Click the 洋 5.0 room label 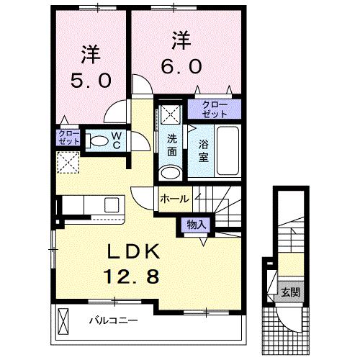(x=91, y=66)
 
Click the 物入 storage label (x=196, y=224)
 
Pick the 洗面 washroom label (x=173, y=146)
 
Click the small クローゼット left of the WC (x=68, y=138)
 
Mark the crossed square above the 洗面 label (x=171, y=113)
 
